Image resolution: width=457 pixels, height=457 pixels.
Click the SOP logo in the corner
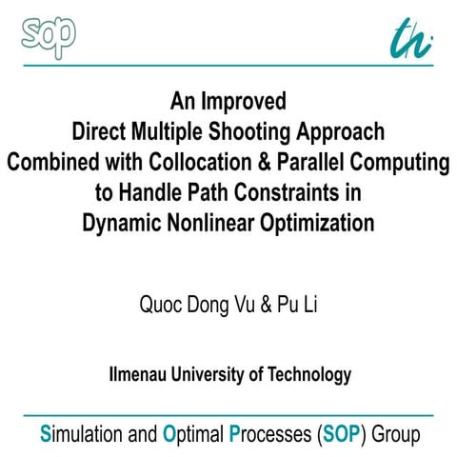[48, 33]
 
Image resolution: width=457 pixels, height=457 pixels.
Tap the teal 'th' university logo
[410, 36]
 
